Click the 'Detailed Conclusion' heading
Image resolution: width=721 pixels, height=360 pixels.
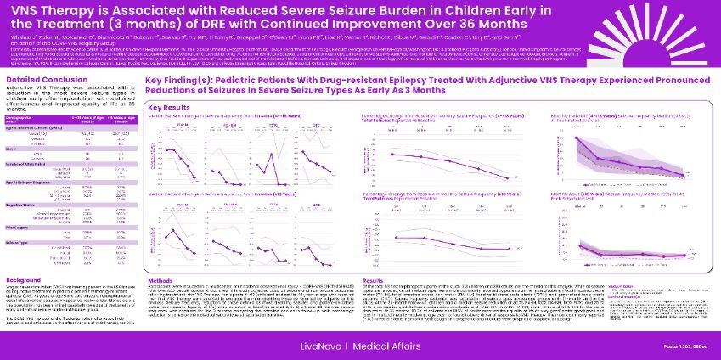pos(42,79)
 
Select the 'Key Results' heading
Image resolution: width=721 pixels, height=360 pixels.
pos(168,109)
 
